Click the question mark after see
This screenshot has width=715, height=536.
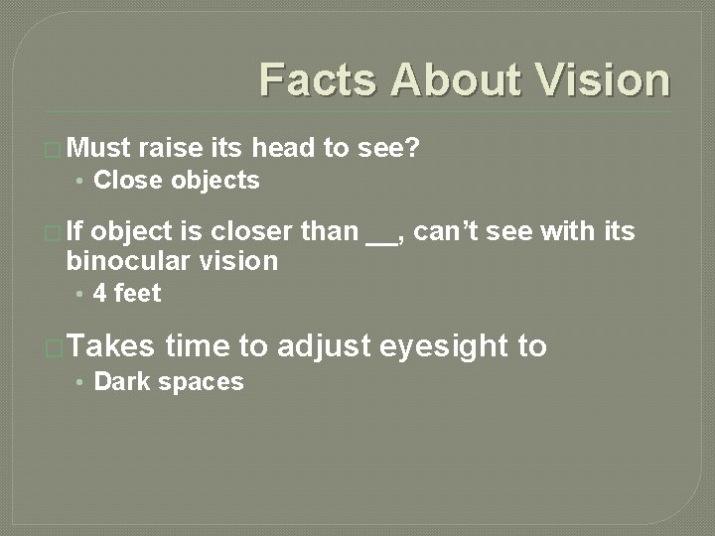click(414, 149)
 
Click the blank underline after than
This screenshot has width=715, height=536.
click(379, 238)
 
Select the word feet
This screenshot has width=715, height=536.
click(137, 294)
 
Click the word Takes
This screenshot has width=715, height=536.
click(111, 346)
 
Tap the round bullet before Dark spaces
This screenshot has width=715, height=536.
click(81, 382)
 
